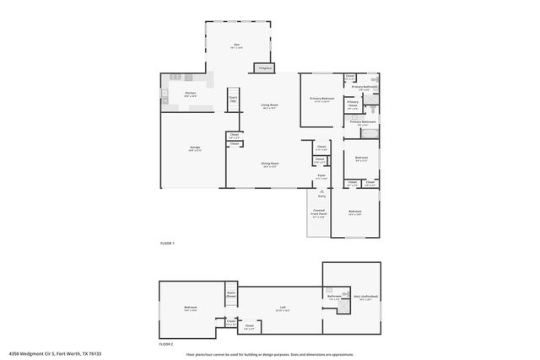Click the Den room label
[x=237, y=47]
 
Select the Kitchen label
[x=190, y=94]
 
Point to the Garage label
[x=194, y=148]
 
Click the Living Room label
[x=269, y=105]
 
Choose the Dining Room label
[x=269, y=164]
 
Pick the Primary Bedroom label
[x=322, y=99]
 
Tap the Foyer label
[x=321, y=176]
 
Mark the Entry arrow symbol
[x=321, y=193]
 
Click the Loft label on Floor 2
[x=273, y=309]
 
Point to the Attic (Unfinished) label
[x=365, y=297]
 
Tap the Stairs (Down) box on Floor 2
[x=231, y=295]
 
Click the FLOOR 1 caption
[x=166, y=243]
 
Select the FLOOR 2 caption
[x=166, y=344]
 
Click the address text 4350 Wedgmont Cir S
[x=42, y=354]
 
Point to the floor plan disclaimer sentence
[x=269, y=354]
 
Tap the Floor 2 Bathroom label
[x=334, y=296]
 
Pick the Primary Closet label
[x=353, y=105]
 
